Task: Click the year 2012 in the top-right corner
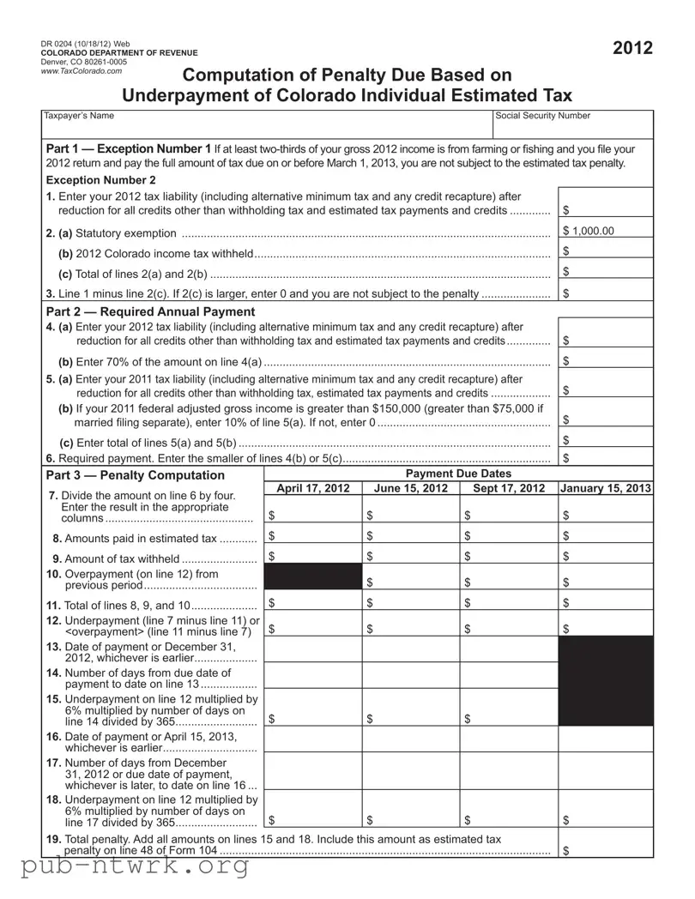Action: (x=632, y=48)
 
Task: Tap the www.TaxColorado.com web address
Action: (x=81, y=71)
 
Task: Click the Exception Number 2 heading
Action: (x=100, y=180)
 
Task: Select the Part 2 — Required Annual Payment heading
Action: (x=150, y=311)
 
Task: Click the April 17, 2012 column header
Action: (x=313, y=489)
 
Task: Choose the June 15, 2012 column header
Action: (x=411, y=489)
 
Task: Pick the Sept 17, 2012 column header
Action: (x=509, y=489)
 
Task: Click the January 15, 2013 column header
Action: (x=606, y=489)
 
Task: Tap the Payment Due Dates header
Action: (x=457, y=474)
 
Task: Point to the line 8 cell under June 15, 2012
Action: (x=411, y=536)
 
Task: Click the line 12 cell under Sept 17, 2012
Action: (x=509, y=628)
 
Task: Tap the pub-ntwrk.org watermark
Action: (x=125, y=867)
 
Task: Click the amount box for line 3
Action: (x=606, y=293)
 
